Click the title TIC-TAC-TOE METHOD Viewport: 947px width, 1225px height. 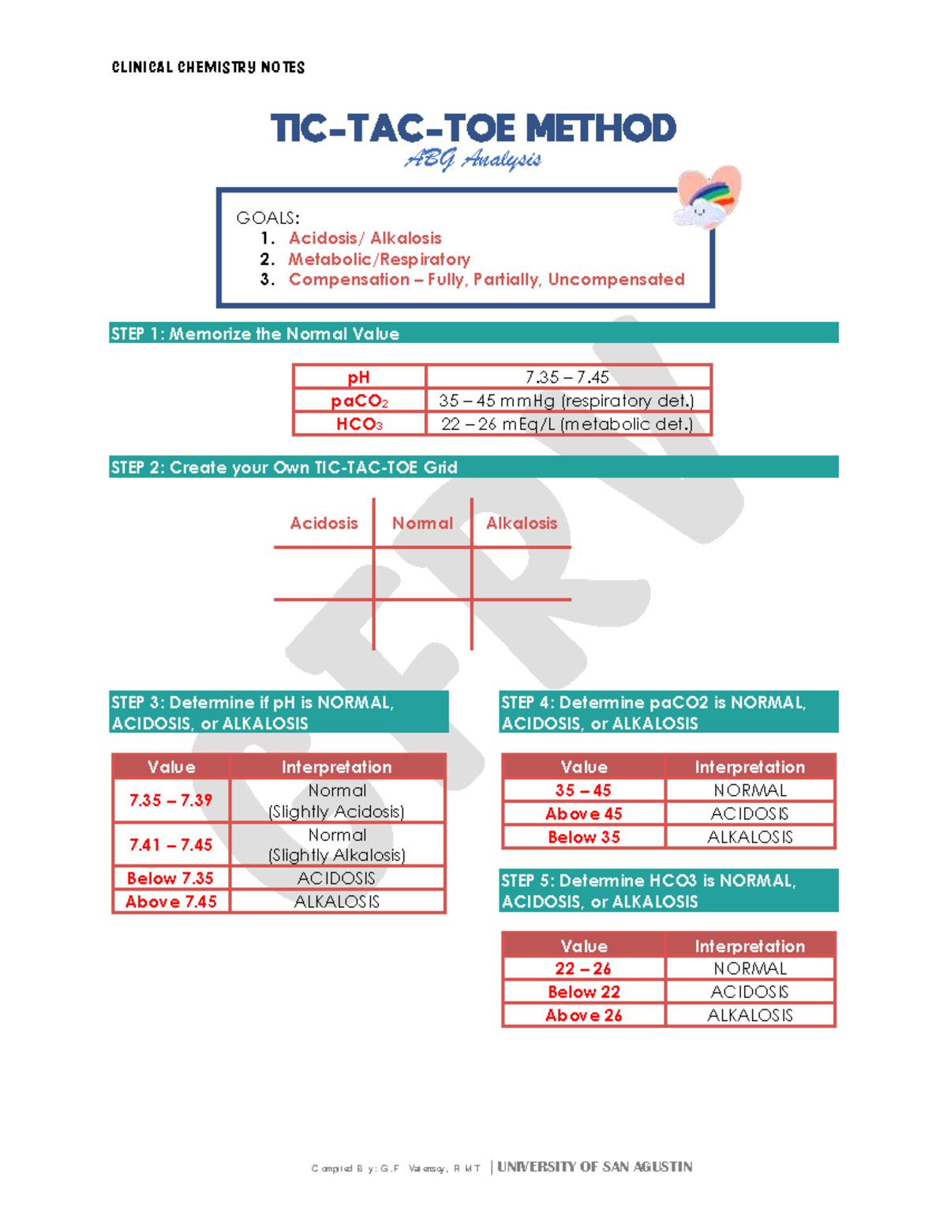(x=473, y=129)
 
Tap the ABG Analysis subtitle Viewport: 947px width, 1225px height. (x=473, y=160)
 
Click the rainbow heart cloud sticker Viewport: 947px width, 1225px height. (x=708, y=197)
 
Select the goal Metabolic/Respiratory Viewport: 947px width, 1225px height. (x=379, y=259)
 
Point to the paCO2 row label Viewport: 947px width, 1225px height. (x=359, y=401)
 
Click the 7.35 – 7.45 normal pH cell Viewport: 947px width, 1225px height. (x=567, y=377)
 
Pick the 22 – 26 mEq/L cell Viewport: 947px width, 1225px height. (x=567, y=424)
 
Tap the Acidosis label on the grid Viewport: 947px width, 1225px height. (x=324, y=523)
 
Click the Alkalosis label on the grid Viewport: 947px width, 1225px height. (x=522, y=523)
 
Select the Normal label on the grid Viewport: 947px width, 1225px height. (x=422, y=523)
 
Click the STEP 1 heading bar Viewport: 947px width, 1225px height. (x=473, y=333)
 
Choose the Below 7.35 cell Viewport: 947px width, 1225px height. (x=170, y=878)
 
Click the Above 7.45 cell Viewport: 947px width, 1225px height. (x=170, y=902)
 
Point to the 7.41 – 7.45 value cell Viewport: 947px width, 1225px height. (x=170, y=845)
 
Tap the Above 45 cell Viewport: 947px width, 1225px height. (x=584, y=813)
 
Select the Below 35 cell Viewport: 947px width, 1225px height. (x=584, y=837)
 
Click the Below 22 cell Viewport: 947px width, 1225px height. (x=584, y=992)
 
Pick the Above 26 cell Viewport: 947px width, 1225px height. (x=584, y=1015)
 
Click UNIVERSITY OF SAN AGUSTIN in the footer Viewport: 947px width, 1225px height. (x=594, y=1167)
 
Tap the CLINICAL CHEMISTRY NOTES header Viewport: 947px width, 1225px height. (x=208, y=68)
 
